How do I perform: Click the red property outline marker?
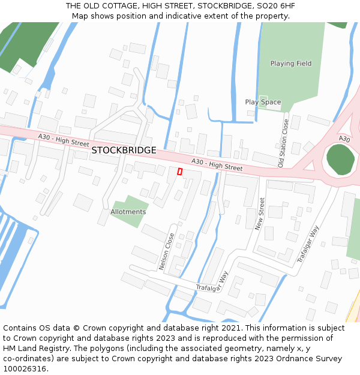point(179,172)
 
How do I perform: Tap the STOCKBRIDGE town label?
point(124,150)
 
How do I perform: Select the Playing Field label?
point(291,64)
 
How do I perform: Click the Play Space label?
point(263,102)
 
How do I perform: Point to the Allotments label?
point(128,212)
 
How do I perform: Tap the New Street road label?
point(260,215)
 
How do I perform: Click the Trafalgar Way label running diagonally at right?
point(308,244)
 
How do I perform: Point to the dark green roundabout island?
point(340,160)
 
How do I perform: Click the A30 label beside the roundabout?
point(344,139)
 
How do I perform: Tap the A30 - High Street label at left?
point(63,140)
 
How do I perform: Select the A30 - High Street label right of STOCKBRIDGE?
point(217,165)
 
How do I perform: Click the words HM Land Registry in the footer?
point(35,349)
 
